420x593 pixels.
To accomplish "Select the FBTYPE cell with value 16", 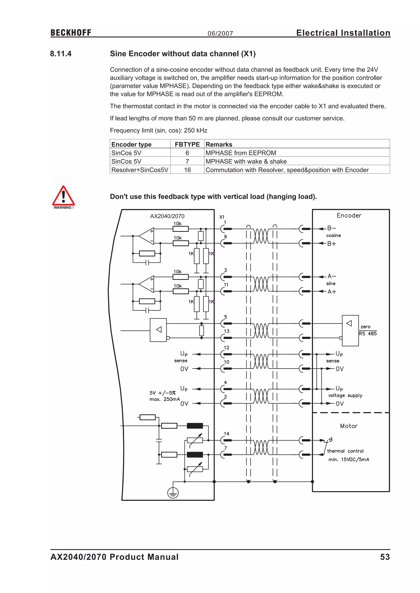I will [x=187, y=170].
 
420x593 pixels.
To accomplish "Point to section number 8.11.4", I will [x=61, y=54].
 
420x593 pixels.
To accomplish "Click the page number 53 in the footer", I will [x=385, y=557].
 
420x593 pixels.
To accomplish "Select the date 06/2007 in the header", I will [x=220, y=34].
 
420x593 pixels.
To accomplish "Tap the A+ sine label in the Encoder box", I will [x=332, y=292].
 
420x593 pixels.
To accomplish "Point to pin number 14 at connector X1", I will [x=227, y=434].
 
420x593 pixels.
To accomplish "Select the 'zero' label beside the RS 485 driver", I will [x=365, y=327].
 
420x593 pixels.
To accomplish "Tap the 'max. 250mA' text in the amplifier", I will [x=164, y=399].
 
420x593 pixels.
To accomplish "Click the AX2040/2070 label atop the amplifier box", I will [x=167, y=216].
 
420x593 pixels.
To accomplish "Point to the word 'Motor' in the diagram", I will [x=349, y=426].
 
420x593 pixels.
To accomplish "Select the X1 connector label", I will [x=222, y=217].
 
